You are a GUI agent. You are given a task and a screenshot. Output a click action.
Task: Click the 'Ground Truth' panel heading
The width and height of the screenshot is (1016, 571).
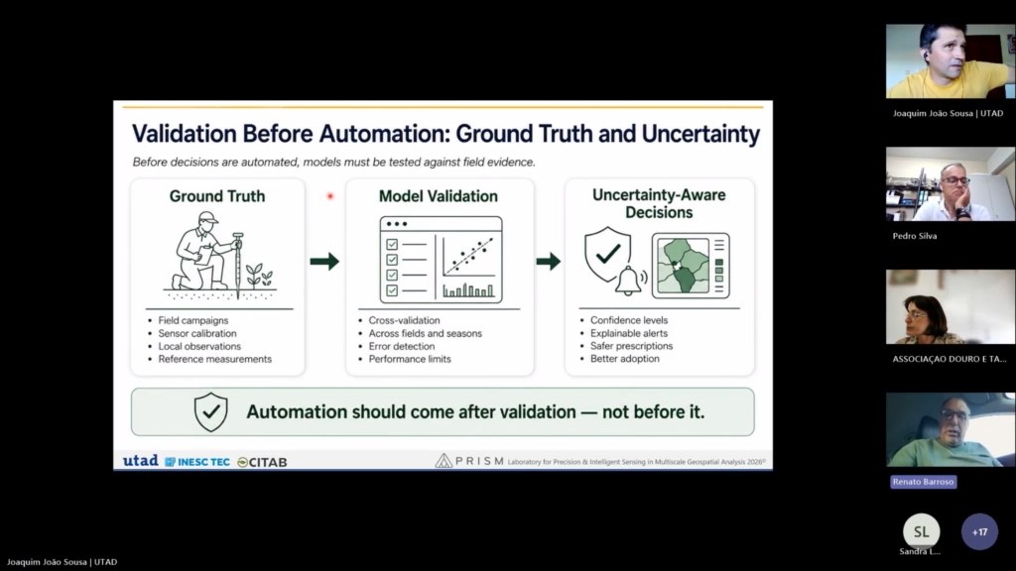point(217,196)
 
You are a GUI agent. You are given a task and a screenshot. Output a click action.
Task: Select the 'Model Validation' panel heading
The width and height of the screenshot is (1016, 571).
point(438,196)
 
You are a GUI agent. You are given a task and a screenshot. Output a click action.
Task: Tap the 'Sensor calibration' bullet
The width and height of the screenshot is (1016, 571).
point(197,333)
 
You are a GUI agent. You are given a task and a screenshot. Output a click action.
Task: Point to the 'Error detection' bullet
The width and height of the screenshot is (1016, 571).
point(401,346)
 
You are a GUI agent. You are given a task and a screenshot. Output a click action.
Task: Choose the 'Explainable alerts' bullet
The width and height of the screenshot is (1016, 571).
point(628,333)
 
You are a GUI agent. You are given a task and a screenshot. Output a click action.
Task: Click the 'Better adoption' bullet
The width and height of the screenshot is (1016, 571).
point(625,359)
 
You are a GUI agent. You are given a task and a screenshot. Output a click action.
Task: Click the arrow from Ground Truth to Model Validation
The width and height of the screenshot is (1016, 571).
point(324,262)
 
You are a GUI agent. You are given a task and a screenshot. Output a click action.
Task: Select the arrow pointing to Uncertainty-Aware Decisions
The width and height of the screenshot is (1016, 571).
point(548,262)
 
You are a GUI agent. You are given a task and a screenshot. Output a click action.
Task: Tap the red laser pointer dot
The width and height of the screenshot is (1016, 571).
point(329,196)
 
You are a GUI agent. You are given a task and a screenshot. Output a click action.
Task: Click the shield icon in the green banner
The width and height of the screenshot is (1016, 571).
point(211,411)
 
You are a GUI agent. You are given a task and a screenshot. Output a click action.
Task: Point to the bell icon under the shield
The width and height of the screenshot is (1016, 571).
point(628,281)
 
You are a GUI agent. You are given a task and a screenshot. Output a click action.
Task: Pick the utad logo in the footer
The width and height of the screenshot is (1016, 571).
point(141,460)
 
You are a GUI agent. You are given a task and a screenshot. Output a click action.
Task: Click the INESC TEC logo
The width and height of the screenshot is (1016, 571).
point(197,462)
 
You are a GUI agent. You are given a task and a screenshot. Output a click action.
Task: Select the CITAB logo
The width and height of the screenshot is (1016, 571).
point(262,462)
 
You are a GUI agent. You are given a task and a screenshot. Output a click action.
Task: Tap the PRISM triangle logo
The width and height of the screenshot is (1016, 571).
point(444,460)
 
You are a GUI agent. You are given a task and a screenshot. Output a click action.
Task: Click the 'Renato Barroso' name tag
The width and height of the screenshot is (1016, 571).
point(924,482)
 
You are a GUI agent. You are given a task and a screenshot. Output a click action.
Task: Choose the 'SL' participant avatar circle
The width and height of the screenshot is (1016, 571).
point(922,531)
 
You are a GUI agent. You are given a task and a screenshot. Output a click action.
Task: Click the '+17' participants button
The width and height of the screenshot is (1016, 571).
point(979,532)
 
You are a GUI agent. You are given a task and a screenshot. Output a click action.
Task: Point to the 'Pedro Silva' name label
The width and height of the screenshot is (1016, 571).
point(915,236)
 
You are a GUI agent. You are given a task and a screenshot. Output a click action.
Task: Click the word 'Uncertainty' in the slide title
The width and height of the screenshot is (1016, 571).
point(700,134)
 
